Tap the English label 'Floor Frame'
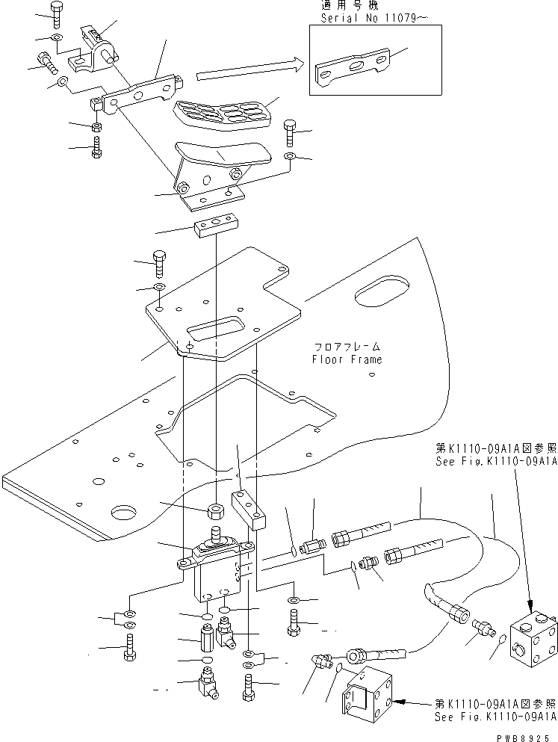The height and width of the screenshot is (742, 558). click(x=347, y=359)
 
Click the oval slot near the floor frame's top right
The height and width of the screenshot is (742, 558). click(x=382, y=292)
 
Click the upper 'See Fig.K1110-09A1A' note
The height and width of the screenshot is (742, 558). click(x=496, y=455)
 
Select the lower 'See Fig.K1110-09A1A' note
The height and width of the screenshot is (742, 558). click(x=495, y=710)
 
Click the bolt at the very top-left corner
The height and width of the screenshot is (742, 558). click(x=58, y=12)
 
